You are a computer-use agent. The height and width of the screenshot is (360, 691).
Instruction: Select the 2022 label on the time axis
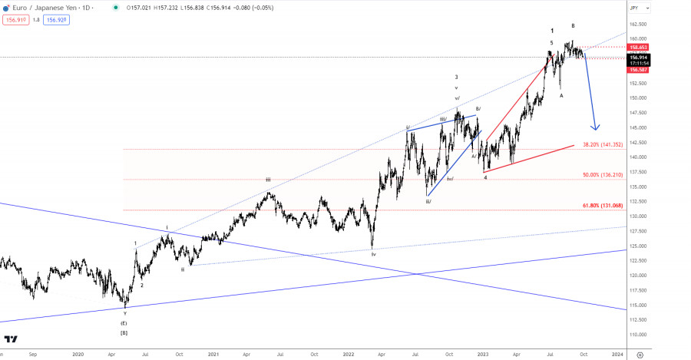[x=348, y=354]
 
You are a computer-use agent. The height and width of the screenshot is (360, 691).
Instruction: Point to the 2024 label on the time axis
[x=617, y=354]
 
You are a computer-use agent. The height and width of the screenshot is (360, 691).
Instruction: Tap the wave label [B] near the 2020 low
[x=124, y=332]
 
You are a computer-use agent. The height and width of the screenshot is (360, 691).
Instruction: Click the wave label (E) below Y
[x=124, y=323]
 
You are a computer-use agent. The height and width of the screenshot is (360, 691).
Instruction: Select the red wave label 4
[x=486, y=177]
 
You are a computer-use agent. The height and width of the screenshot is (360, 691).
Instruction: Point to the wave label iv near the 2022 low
[x=374, y=253]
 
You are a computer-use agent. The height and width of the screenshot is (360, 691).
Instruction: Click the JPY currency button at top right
[x=634, y=8]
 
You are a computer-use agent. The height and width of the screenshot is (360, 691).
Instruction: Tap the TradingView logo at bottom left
[x=12, y=339]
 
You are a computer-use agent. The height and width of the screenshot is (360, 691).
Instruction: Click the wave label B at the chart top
[x=573, y=26]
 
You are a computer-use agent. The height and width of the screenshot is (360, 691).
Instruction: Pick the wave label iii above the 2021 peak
[x=268, y=180]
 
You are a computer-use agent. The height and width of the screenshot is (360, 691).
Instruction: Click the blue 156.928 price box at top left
[x=57, y=21]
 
